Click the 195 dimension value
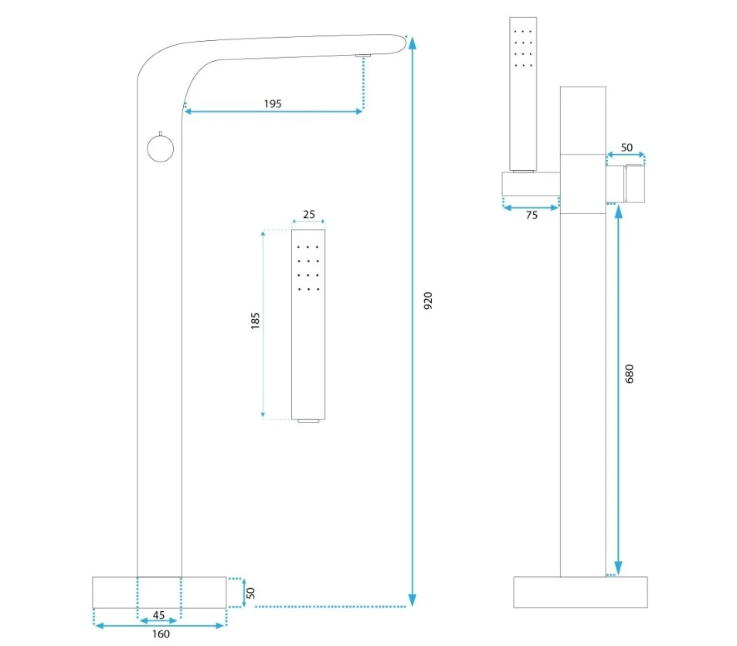[272, 103]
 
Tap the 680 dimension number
[629, 374]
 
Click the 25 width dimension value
[308, 213]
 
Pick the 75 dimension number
[532, 216]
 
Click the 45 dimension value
[158, 615]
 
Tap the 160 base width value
[161, 634]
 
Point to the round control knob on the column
[161, 148]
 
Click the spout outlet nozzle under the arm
[363, 55]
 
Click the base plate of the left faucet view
[159, 592]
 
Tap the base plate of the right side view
[580, 592]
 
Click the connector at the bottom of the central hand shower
[308, 421]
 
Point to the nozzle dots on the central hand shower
[308, 268]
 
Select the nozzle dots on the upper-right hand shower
[524, 48]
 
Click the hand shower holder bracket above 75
[531, 185]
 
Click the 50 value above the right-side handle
[627, 147]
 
